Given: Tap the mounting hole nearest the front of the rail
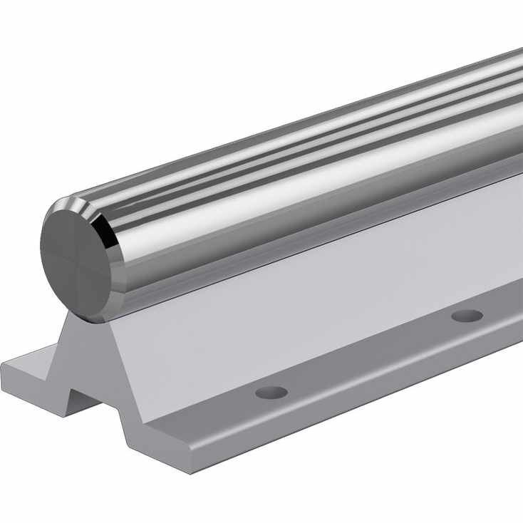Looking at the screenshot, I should click(271, 392).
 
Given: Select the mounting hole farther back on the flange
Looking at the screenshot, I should click(467, 315).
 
